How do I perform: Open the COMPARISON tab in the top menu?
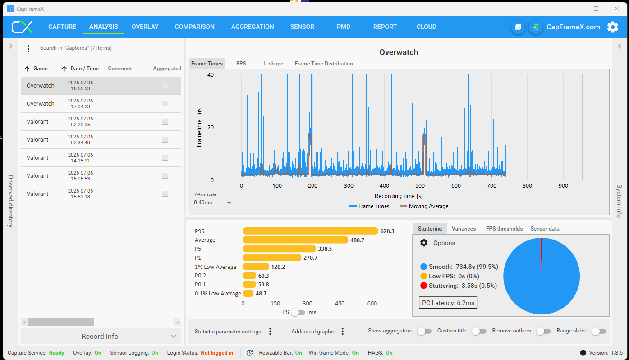pyautogui.click(x=194, y=27)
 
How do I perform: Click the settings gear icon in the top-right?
pyautogui.click(x=613, y=27)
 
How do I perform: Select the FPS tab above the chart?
pyautogui.click(x=241, y=64)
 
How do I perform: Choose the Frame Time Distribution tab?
pyautogui.click(x=323, y=64)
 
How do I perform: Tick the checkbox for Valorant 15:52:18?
pyautogui.click(x=165, y=194)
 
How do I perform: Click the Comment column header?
pyautogui.click(x=119, y=68)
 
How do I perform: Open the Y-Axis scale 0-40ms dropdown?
pyautogui.click(x=212, y=203)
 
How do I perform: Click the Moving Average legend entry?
pyautogui.click(x=424, y=206)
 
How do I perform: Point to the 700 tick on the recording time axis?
pyautogui.click(x=491, y=185)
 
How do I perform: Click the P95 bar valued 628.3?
pyautogui.click(x=310, y=231)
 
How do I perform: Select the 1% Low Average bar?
pyautogui.click(x=256, y=267)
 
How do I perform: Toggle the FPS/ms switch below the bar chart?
pyautogui.click(x=298, y=312)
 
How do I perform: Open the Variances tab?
pyautogui.click(x=464, y=228)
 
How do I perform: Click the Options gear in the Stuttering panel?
pyautogui.click(x=424, y=243)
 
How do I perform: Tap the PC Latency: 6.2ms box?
pyautogui.click(x=448, y=303)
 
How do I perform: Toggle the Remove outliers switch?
pyautogui.click(x=543, y=331)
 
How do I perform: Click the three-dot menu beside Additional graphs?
pyautogui.click(x=343, y=331)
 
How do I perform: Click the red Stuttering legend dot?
pyautogui.click(x=423, y=286)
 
